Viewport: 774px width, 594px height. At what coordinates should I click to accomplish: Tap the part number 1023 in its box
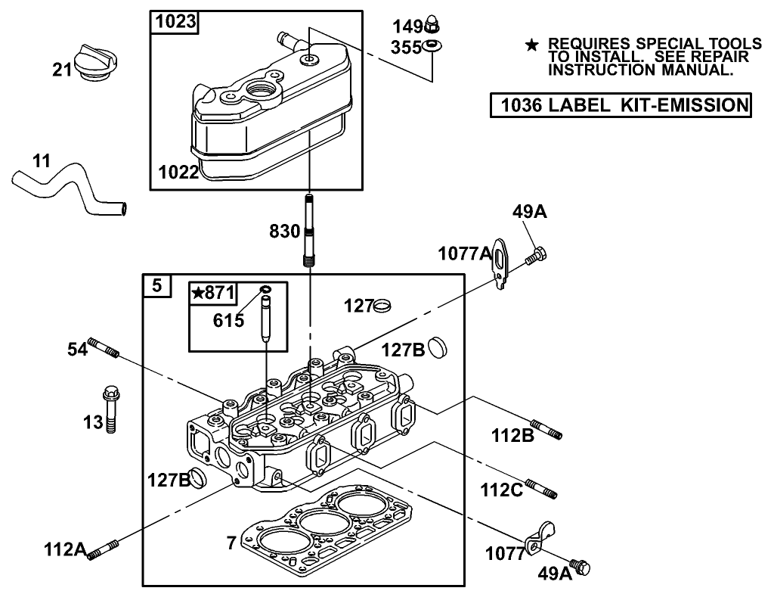[175, 23]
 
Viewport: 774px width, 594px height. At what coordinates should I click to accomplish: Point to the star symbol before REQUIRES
[532, 46]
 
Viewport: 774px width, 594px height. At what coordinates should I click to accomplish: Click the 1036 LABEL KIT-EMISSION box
[620, 104]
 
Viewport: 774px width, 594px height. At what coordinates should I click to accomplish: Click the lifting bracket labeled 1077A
[501, 263]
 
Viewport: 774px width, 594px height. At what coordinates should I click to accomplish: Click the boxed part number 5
[156, 286]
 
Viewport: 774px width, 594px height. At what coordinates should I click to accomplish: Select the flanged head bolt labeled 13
[109, 409]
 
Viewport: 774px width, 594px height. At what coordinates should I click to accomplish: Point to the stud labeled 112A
[104, 550]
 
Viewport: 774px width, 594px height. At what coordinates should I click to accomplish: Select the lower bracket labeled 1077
[542, 536]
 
